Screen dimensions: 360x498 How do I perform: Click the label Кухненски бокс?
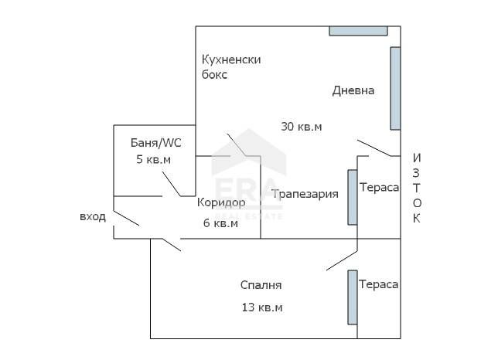pyautogui.click(x=230, y=67)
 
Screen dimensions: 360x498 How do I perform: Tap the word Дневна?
pyautogui.click(x=353, y=90)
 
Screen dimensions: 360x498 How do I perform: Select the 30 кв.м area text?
pyautogui.click(x=301, y=127)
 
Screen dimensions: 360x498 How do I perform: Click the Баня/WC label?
pyautogui.click(x=155, y=143)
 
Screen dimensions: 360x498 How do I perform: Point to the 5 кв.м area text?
pyautogui.click(x=153, y=159)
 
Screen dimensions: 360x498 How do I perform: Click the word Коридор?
pyautogui.click(x=221, y=202)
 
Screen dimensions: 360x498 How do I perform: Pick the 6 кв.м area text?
pyautogui.click(x=220, y=223)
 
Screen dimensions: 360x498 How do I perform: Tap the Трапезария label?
pyautogui.click(x=305, y=194)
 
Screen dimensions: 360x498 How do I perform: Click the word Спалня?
pyautogui.click(x=261, y=285)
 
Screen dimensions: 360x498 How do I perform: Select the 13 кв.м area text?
pyautogui.click(x=261, y=307)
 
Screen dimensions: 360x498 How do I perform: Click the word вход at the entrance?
pyautogui.click(x=93, y=217)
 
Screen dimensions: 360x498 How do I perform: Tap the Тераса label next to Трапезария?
pyautogui.click(x=379, y=188)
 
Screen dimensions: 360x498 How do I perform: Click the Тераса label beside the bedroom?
pyautogui.click(x=379, y=284)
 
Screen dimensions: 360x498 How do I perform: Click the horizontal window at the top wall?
pyautogui.click(x=358, y=31)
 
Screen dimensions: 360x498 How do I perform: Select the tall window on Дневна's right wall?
pyautogui.click(x=395, y=88)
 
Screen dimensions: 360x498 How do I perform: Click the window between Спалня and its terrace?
pyautogui.click(x=352, y=297)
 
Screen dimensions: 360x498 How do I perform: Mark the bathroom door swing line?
pyautogui.click(x=171, y=183)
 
